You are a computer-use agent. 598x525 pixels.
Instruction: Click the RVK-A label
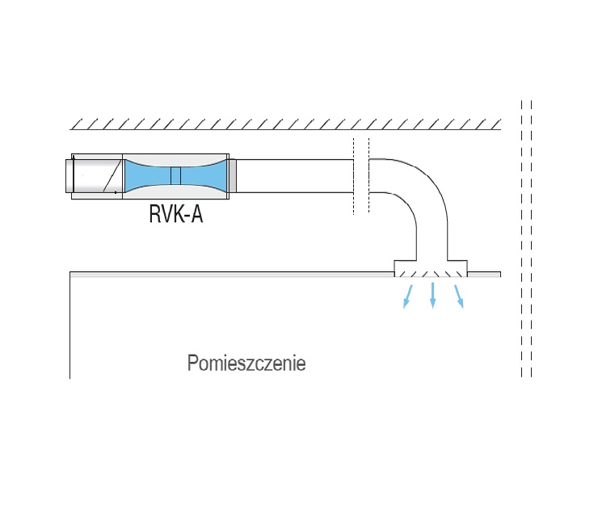coord(175,216)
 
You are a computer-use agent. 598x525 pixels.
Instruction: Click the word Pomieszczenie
coord(246,363)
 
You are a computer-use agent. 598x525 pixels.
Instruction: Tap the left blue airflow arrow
coord(406,296)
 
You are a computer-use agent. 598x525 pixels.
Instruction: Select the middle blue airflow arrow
coord(433,296)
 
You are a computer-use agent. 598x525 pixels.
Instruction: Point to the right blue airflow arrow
coord(460,296)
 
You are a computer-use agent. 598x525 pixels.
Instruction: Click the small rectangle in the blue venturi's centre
coord(175,176)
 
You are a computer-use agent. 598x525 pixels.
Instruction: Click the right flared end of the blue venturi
coord(217,176)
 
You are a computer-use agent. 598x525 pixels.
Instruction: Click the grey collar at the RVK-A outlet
coord(232,176)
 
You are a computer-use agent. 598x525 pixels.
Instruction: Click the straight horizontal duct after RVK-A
coord(295,176)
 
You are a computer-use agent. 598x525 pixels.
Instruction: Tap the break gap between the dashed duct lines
coord(361,176)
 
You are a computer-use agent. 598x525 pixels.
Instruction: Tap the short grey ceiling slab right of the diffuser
coord(483,274)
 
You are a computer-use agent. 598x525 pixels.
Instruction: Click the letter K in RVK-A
coord(175,216)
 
